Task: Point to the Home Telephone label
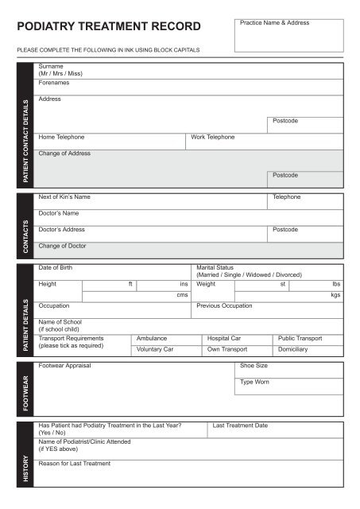(x=61, y=137)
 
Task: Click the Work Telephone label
(x=213, y=137)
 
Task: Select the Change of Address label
(x=64, y=153)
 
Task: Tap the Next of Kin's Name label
(x=64, y=196)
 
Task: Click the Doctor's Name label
(x=58, y=213)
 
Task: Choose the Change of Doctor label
(x=61, y=246)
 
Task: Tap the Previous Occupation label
(x=224, y=305)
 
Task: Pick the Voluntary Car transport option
(x=155, y=349)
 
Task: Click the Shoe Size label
(x=254, y=366)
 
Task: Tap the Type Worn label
(x=254, y=383)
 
